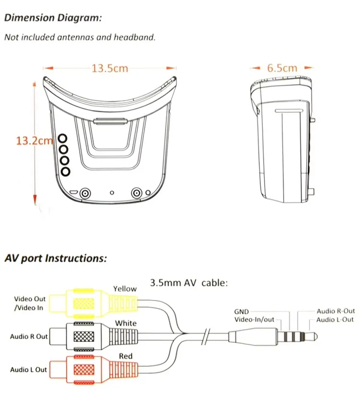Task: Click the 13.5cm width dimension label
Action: pyautogui.click(x=110, y=68)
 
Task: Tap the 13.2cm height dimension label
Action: pyautogui.click(x=34, y=141)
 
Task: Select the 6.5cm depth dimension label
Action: pyautogui.click(x=282, y=68)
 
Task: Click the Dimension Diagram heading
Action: pyautogui.click(x=53, y=18)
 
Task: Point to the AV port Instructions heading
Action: pyautogui.click(x=55, y=258)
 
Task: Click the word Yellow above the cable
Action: pyautogui.click(x=125, y=289)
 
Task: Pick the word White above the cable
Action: pyautogui.click(x=125, y=323)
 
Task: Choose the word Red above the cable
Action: pyautogui.click(x=126, y=356)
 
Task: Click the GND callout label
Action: pyautogui.click(x=241, y=312)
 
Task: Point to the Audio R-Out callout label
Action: pyautogui.click(x=336, y=311)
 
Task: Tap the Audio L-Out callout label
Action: pyautogui.click(x=335, y=320)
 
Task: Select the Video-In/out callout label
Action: pyautogui.click(x=254, y=320)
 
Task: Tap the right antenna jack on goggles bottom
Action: pyautogui.click(x=137, y=193)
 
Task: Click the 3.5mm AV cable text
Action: pyautogui.click(x=189, y=282)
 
